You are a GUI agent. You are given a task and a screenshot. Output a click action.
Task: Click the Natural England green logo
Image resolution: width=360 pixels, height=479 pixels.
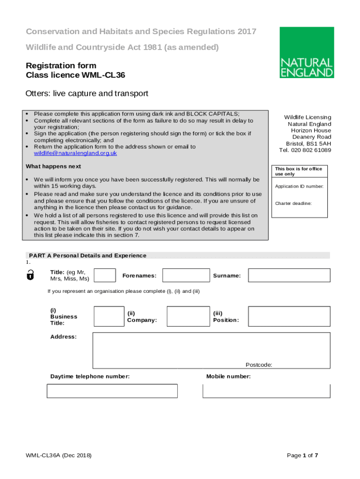click(x=307, y=52)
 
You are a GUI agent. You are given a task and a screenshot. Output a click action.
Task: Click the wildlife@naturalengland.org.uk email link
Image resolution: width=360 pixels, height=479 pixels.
click(x=75, y=153)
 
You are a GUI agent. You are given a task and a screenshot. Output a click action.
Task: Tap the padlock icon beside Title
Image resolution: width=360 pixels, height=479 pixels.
click(x=30, y=275)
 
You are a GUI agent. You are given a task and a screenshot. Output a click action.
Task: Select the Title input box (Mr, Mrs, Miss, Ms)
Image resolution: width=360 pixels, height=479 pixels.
click(x=105, y=276)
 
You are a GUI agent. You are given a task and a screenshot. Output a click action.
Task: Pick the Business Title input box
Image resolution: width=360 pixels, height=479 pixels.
click(x=109, y=316)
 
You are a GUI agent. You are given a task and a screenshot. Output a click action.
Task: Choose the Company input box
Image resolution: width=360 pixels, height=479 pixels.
click(x=188, y=316)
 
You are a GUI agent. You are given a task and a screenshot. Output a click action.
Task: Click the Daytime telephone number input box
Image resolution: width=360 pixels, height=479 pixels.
click(x=112, y=391)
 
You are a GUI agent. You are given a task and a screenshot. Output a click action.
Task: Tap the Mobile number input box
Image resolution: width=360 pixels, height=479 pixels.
click(x=266, y=391)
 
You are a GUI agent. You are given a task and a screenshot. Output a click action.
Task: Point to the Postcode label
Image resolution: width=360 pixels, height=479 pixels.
click(x=259, y=365)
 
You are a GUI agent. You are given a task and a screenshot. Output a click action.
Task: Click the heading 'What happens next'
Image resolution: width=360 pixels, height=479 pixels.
click(x=53, y=167)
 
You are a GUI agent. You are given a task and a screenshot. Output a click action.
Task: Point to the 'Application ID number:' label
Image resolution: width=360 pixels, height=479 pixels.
click(x=299, y=187)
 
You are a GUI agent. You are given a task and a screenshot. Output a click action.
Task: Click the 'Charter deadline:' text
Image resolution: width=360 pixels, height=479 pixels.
click(x=293, y=203)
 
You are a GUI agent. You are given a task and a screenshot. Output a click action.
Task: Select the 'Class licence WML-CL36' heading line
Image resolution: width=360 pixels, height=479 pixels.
click(x=75, y=75)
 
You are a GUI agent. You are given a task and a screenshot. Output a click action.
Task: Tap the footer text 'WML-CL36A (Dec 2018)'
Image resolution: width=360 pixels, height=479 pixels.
click(x=59, y=456)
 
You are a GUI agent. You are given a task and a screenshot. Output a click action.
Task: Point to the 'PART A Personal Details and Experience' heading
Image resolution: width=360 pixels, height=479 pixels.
click(x=87, y=255)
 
